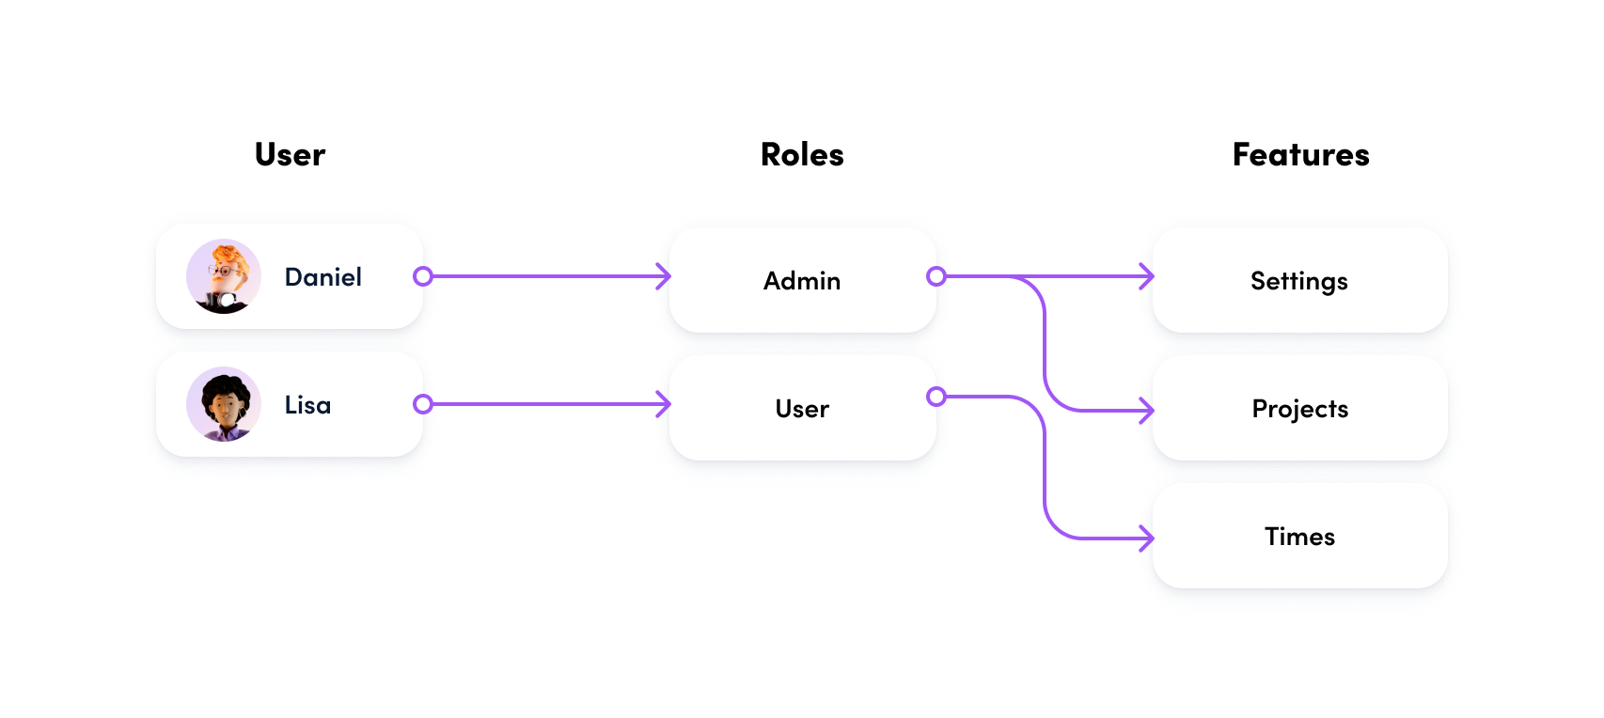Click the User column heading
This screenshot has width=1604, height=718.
[x=290, y=155]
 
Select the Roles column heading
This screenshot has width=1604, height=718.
[x=802, y=155]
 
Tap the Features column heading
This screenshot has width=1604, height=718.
[x=1300, y=155]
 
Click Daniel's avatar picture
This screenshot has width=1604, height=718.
[x=224, y=276]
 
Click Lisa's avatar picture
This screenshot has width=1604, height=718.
[x=224, y=404]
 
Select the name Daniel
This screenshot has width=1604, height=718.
[x=322, y=277]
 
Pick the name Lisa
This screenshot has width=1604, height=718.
[x=307, y=405]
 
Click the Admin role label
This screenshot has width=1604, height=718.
[x=802, y=281]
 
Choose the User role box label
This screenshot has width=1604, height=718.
[x=802, y=409]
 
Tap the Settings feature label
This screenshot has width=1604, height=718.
[x=1298, y=281]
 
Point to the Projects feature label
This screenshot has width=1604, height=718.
[x=1299, y=409]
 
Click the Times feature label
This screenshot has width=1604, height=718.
[x=1299, y=537]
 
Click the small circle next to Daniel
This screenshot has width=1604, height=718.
[x=423, y=276]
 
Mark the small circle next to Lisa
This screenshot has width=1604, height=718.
[x=423, y=404]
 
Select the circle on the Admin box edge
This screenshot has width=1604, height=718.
[x=936, y=276]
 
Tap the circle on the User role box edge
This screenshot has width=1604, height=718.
[x=936, y=397]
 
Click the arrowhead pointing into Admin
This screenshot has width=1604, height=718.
[x=664, y=276]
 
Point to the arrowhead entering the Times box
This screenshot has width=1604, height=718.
[x=1146, y=538]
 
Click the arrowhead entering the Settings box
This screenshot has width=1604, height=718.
[x=1146, y=276]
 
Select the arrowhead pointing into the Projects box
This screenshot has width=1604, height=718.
[x=1146, y=411]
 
